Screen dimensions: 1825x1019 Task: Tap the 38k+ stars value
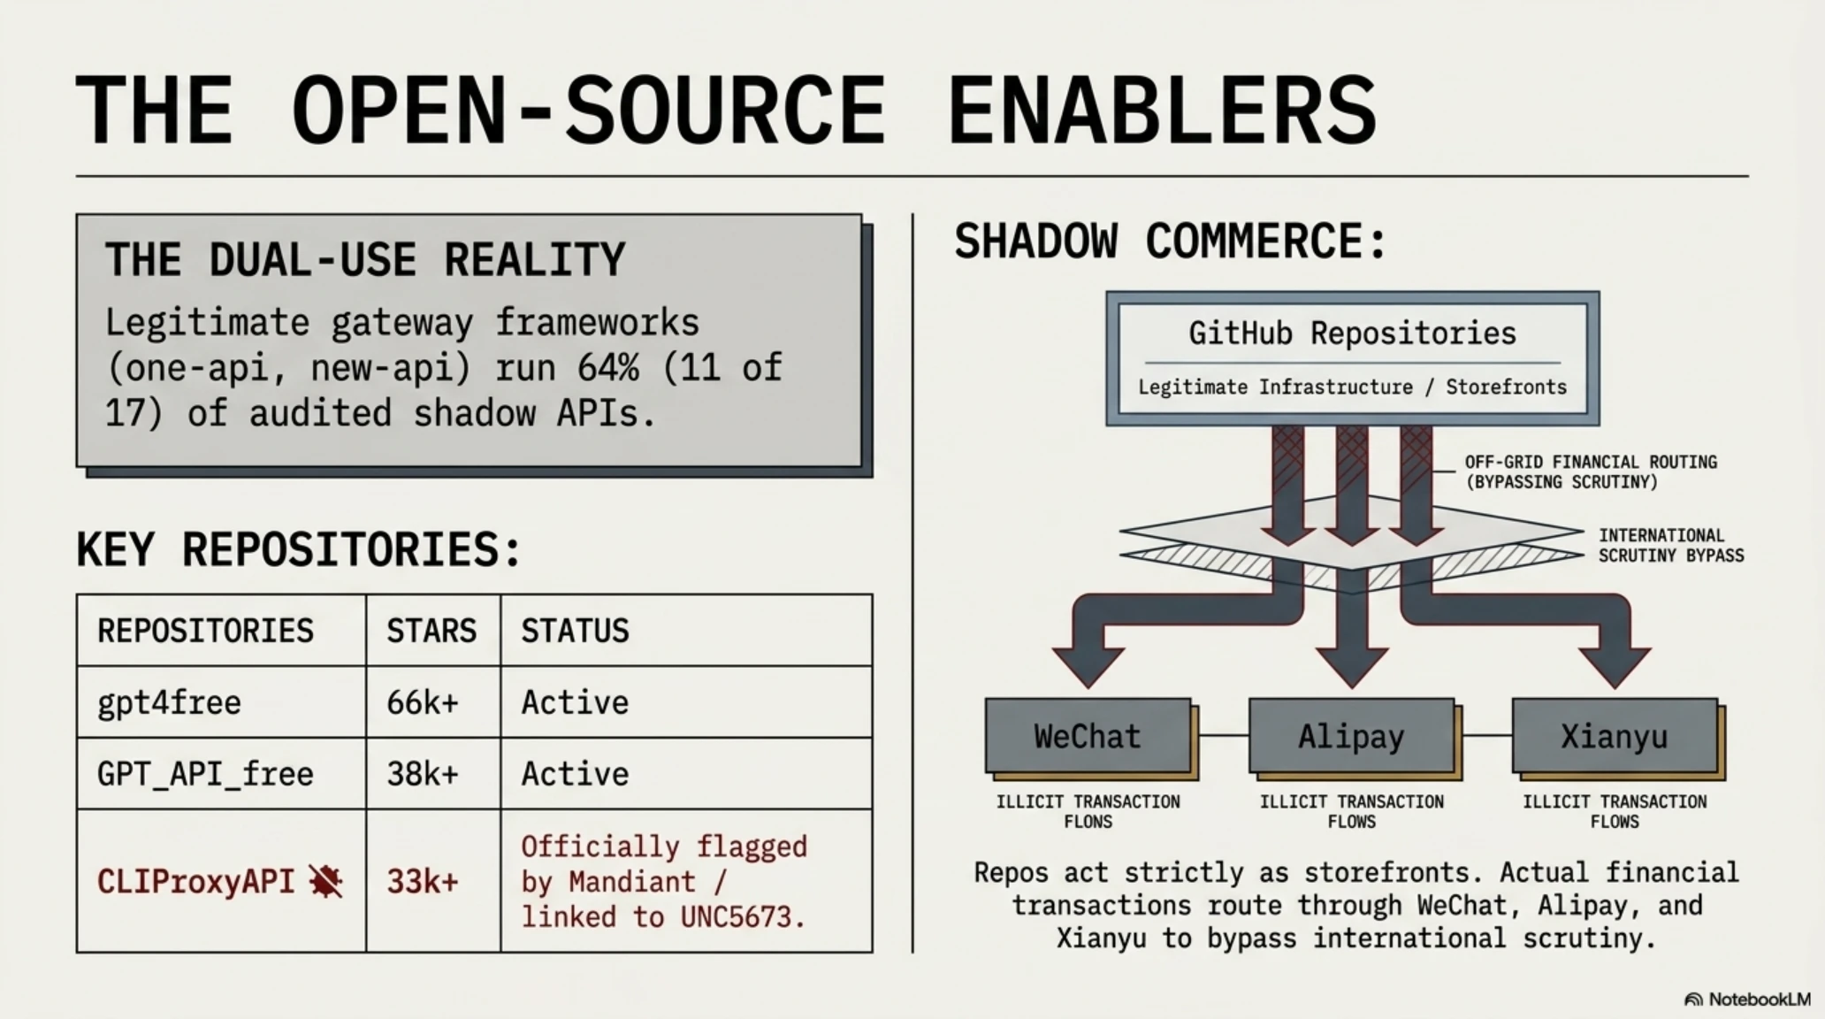pyautogui.click(x=423, y=774)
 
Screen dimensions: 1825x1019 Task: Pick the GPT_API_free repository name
pyautogui.click(x=205, y=774)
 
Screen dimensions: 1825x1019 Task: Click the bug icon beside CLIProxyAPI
pyautogui.click(x=325, y=881)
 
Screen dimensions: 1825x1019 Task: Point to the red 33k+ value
pyautogui.click(x=423, y=881)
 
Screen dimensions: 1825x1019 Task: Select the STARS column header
pyautogui.click(x=431, y=631)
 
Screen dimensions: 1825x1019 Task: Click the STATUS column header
pyautogui.click(x=575, y=631)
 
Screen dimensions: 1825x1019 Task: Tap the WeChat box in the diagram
pyautogui.click(x=1088, y=736)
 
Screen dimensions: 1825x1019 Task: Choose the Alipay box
pyautogui.click(x=1351, y=736)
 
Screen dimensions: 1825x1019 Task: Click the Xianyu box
pyautogui.click(x=1615, y=736)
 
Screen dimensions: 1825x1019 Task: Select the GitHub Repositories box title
pyautogui.click(x=1352, y=333)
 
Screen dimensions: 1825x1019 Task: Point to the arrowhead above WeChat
pyautogui.click(x=1088, y=666)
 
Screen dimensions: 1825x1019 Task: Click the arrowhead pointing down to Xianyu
pyautogui.click(x=1615, y=666)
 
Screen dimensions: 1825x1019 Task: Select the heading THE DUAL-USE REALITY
pyautogui.click(x=365, y=259)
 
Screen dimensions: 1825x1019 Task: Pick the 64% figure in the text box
pyautogui.click(x=608, y=367)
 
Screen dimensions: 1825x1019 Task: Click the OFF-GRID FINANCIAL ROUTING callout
pyautogui.click(x=1591, y=471)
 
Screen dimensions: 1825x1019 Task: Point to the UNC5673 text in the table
pyautogui.click(x=743, y=917)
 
